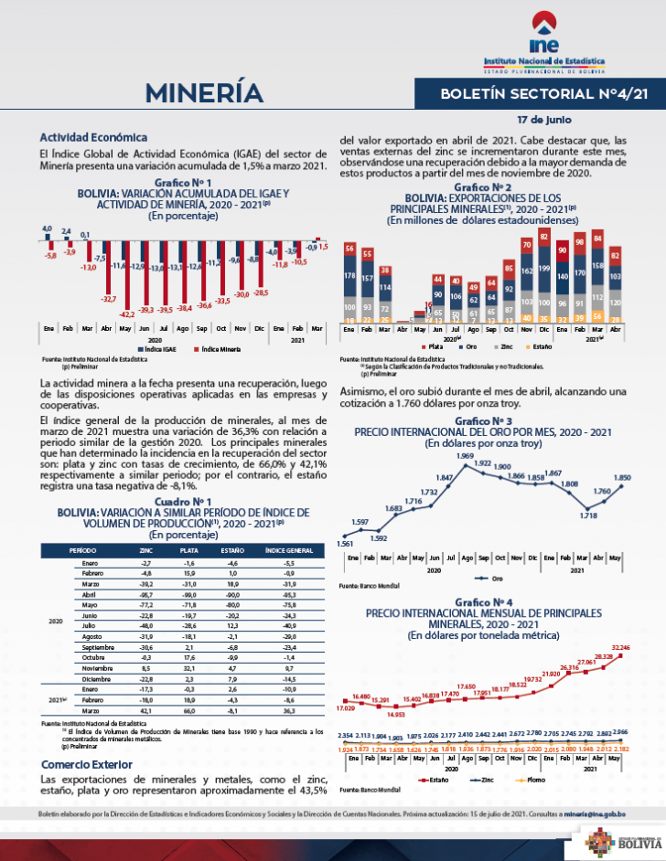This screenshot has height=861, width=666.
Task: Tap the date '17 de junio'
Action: tap(543, 120)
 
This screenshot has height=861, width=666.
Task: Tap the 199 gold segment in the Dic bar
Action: tap(544, 269)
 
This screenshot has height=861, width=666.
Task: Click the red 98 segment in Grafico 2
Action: tap(579, 242)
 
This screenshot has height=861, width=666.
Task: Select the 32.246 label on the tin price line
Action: tap(621, 648)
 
